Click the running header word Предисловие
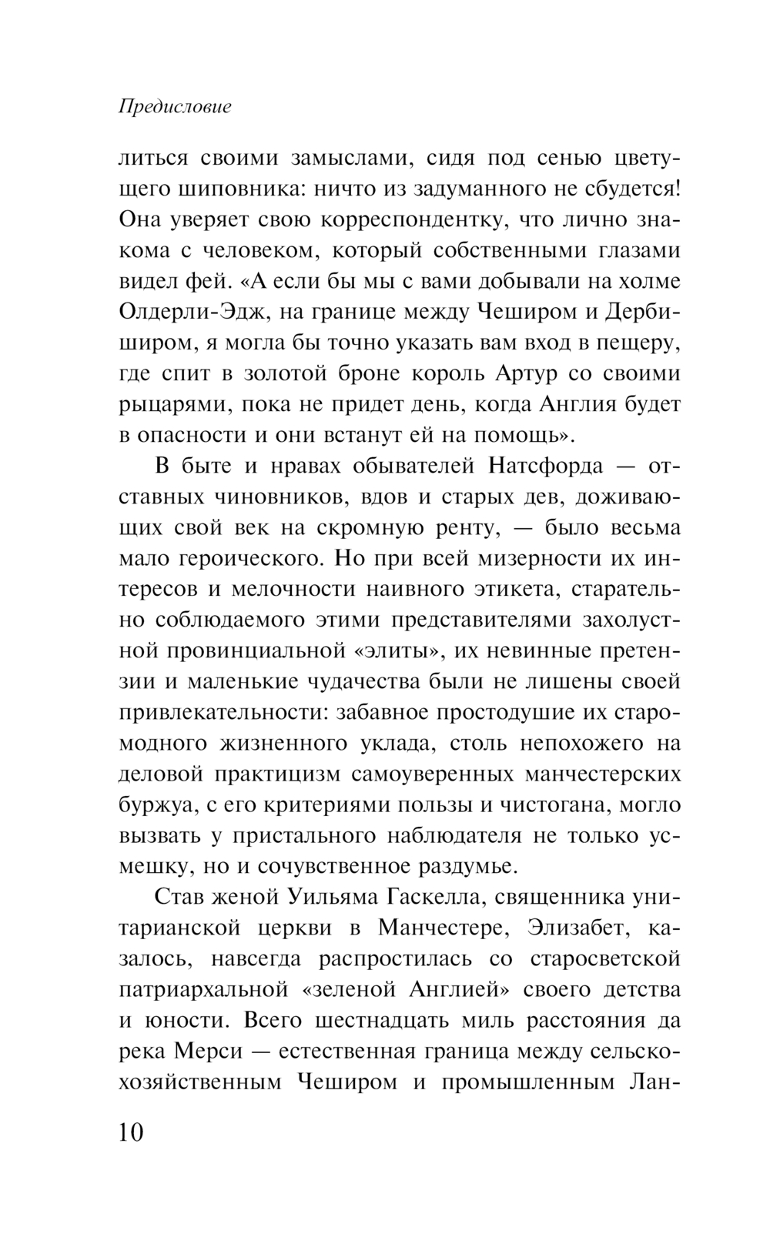[175, 107]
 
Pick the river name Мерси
[203, 1052]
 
